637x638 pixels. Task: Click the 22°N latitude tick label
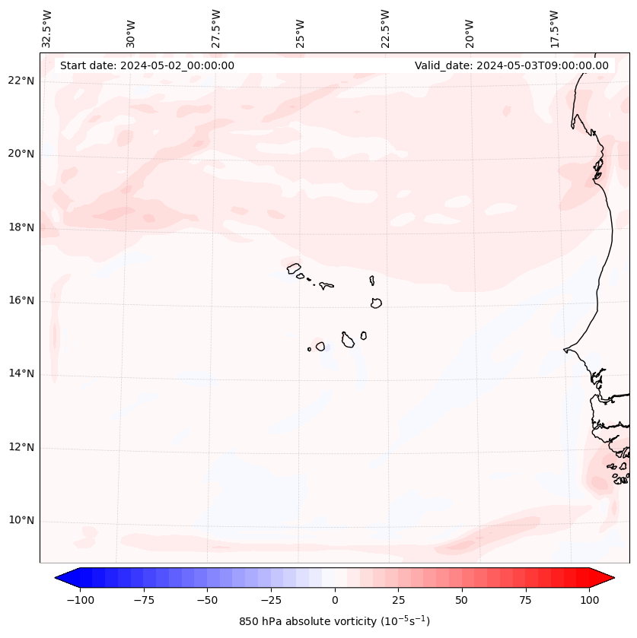[21, 81]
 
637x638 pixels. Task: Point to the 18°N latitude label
[21, 227]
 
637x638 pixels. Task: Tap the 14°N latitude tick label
[21, 374]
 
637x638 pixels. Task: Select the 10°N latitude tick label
[21, 521]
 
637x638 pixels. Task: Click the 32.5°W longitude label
[47, 29]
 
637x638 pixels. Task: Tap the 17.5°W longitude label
[554, 29]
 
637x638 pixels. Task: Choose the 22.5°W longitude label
[385, 29]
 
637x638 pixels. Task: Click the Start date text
[147, 65]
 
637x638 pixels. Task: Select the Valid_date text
[511, 65]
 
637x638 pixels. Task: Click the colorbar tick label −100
[80, 600]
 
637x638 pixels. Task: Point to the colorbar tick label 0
[335, 600]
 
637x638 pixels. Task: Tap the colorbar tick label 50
[462, 600]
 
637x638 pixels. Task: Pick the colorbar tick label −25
[271, 600]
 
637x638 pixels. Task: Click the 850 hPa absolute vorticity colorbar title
[335, 622]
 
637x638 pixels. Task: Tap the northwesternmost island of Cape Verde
[294, 268]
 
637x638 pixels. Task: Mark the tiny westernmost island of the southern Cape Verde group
[309, 349]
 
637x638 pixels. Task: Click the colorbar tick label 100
[589, 600]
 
